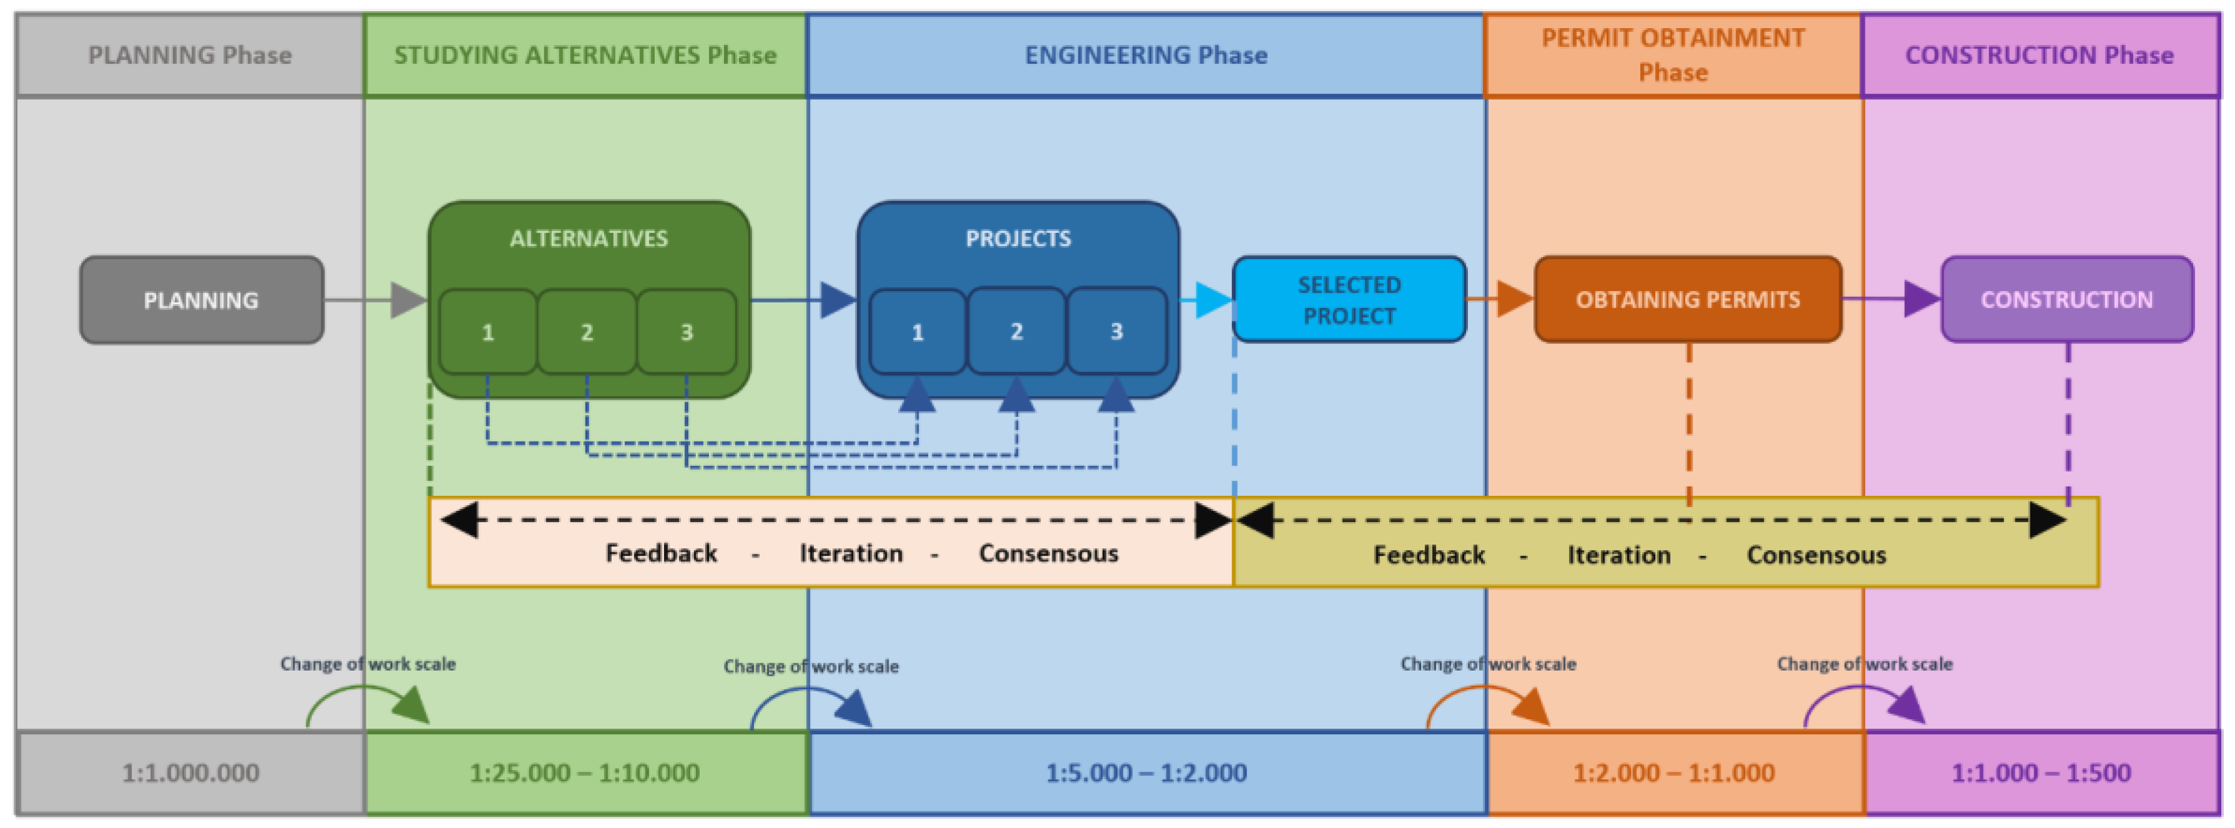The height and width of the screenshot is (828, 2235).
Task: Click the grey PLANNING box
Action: click(x=202, y=300)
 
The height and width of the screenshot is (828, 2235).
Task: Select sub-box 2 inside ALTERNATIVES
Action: click(x=587, y=332)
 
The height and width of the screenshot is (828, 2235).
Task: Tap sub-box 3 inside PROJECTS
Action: click(x=1117, y=332)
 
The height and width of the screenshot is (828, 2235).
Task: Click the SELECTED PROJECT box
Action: click(x=1349, y=300)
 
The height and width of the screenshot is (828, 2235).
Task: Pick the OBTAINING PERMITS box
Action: click(x=1688, y=300)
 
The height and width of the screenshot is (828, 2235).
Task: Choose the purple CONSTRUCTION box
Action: click(x=2066, y=300)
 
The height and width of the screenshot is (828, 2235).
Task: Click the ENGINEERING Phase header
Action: click(x=1145, y=56)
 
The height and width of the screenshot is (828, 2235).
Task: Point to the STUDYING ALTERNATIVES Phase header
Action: click(x=585, y=56)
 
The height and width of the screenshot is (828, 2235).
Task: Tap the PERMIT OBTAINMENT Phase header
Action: click(x=1673, y=56)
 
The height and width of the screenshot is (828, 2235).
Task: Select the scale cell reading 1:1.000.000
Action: click(x=190, y=772)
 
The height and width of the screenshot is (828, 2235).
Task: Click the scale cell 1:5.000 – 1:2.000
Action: click(x=1145, y=772)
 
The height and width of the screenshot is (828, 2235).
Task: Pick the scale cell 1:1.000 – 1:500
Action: click(x=2041, y=772)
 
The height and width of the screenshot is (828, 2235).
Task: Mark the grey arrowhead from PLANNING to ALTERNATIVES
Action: click(x=407, y=300)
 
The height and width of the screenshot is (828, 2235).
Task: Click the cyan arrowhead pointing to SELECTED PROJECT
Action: click(x=1213, y=300)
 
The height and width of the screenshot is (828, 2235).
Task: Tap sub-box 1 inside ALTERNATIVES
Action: click(x=487, y=332)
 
